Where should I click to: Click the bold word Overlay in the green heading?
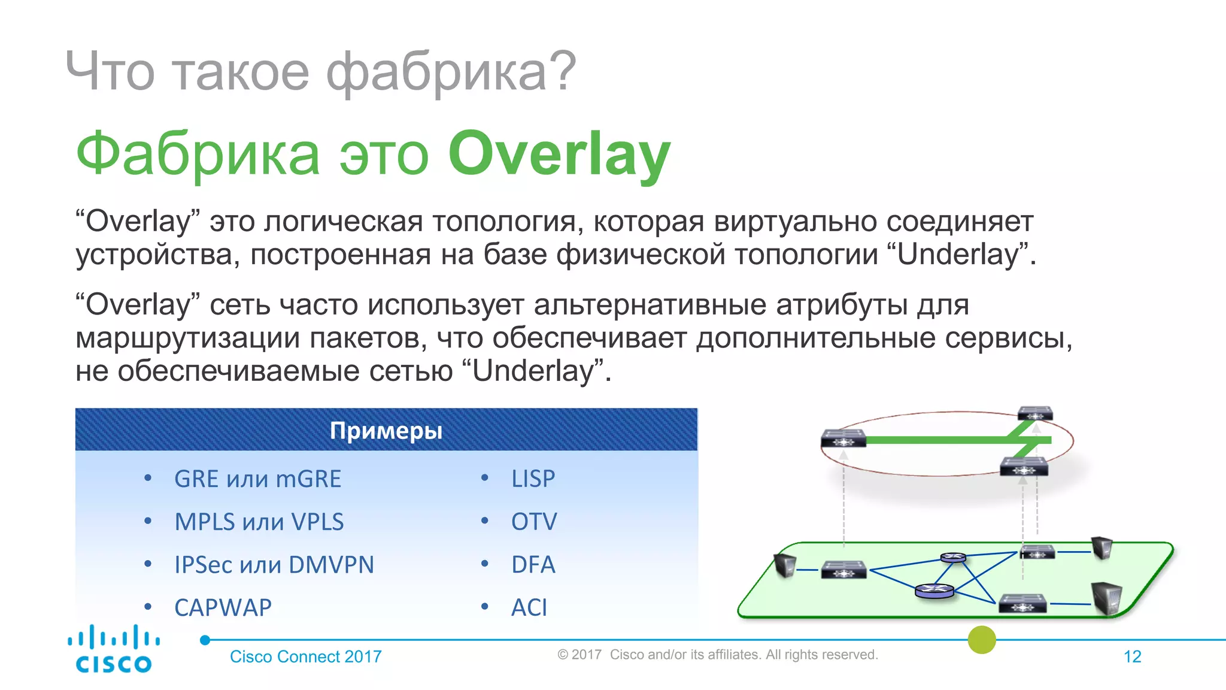(x=559, y=155)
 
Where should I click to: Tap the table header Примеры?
(x=386, y=431)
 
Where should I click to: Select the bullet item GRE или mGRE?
(x=257, y=479)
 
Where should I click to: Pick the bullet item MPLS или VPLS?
(x=259, y=522)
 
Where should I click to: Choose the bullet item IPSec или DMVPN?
(x=274, y=565)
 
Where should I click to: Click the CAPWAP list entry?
(x=223, y=608)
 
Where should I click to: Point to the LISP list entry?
(x=533, y=479)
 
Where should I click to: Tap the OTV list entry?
(x=533, y=522)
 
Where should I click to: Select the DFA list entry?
(x=533, y=565)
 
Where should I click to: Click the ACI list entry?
(x=529, y=608)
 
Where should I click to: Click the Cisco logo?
(x=114, y=649)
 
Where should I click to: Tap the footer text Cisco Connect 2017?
(x=305, y=656)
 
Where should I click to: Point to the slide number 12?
(x=1132, y=656)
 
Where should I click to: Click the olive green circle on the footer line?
(x=982, y=640)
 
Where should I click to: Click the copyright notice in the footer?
(x=717, y=655)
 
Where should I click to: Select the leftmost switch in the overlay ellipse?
(x=843, y=438)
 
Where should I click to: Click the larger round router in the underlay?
(x=934, y=591)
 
